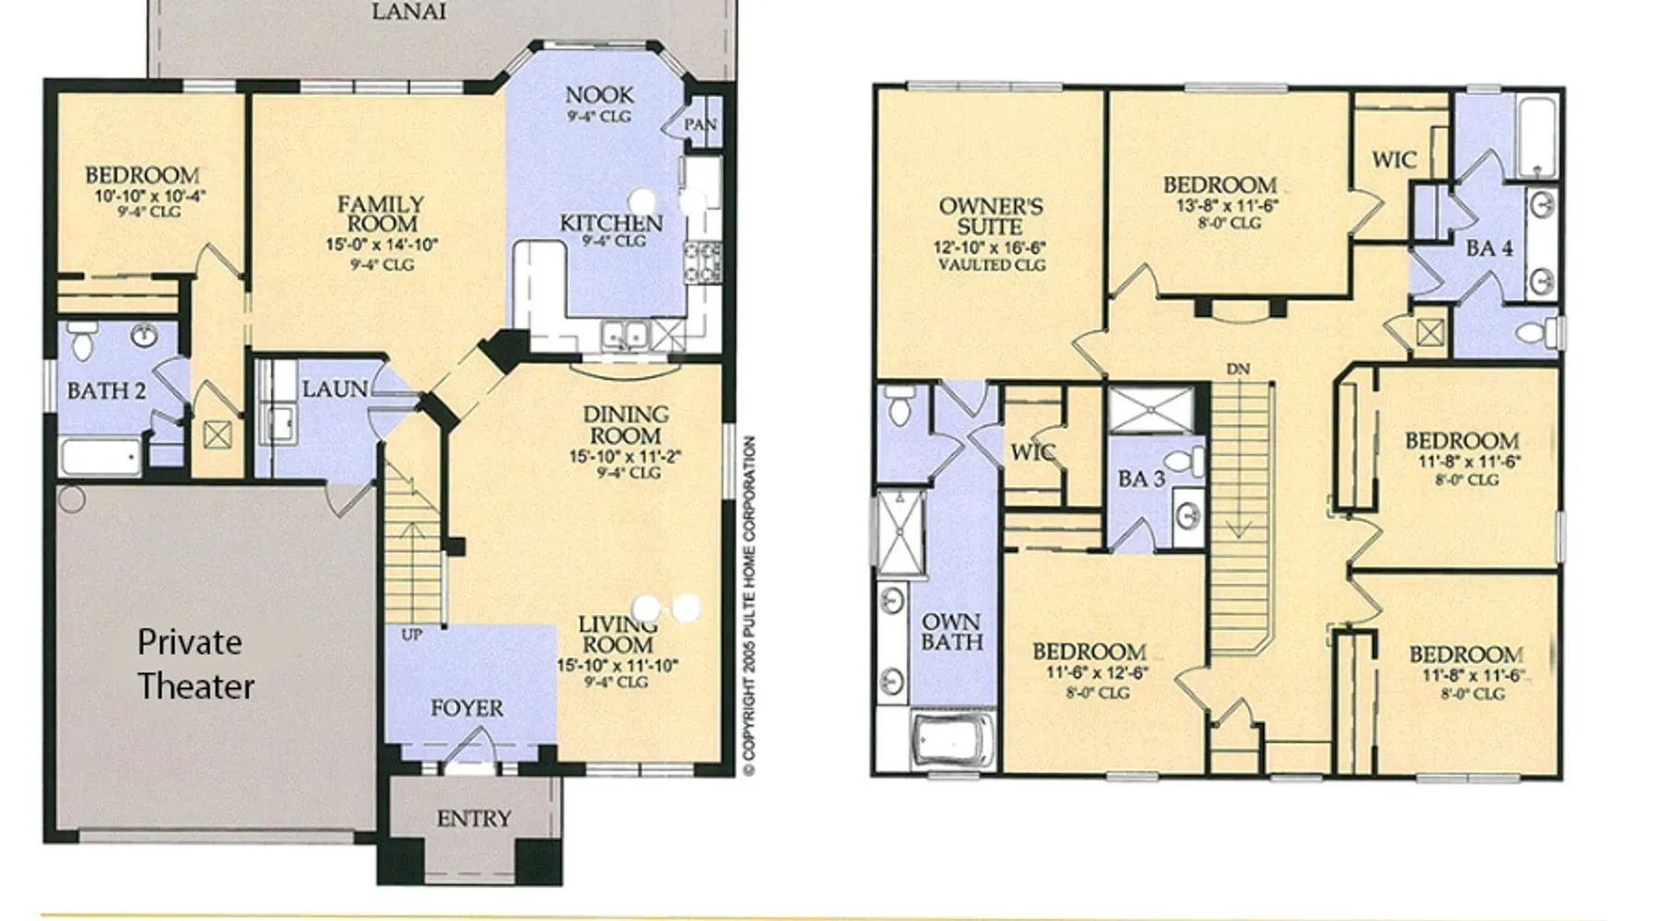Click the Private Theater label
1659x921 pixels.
click(195, 664)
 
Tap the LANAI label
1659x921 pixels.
click(409, 12)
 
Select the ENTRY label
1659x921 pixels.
click(474, 818)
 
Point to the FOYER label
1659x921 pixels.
click(467, 708)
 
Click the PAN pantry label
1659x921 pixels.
click(700, 124)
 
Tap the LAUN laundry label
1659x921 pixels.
click(335, 390)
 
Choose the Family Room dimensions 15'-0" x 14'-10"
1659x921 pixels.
click(382, 245)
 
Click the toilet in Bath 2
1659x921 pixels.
click(82, 341)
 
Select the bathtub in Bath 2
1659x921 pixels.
click(100, 457)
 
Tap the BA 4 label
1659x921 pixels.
click(1489, 248)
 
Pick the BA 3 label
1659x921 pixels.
click(1141, 479)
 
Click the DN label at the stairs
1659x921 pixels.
click(1238, 369)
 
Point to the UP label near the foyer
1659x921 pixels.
click(412, 635)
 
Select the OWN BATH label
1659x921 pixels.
click(952, 632)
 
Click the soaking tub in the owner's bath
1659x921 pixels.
click(953, 740)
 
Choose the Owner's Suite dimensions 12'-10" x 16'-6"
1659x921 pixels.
click(990, 248)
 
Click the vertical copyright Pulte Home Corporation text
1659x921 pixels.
click(749, 605)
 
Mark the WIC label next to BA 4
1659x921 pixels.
click(1394, 159)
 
